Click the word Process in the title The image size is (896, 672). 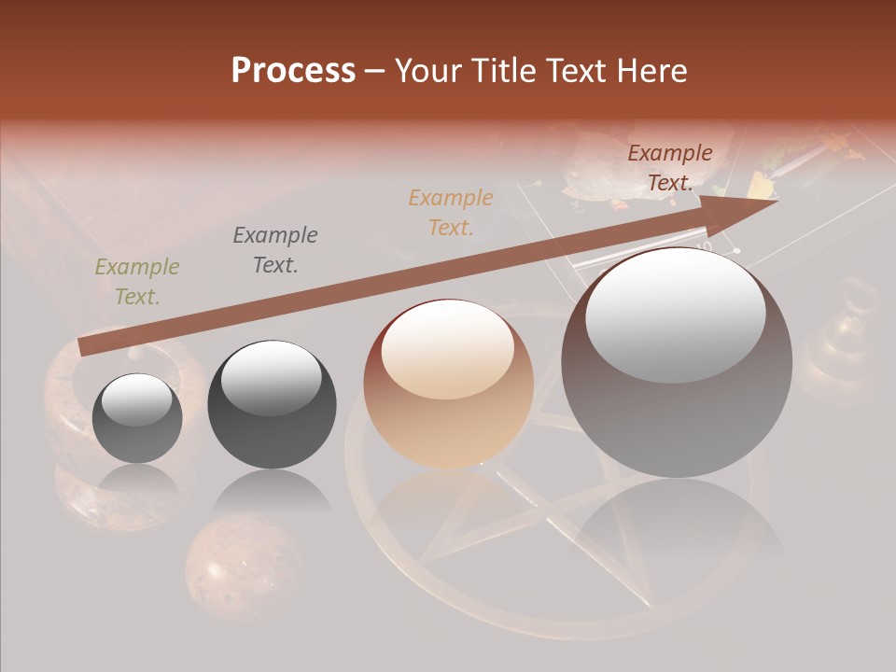[293, 71]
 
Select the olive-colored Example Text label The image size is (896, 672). [137, 282]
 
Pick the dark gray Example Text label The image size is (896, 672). [274, 250]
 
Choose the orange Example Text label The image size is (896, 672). [451, 212]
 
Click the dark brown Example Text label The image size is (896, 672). [670, 168]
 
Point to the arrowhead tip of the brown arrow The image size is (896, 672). [777, 201]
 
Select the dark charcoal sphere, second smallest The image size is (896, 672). [272, 404]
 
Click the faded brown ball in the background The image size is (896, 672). [225, 569]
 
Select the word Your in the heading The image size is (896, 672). [425, 71]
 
